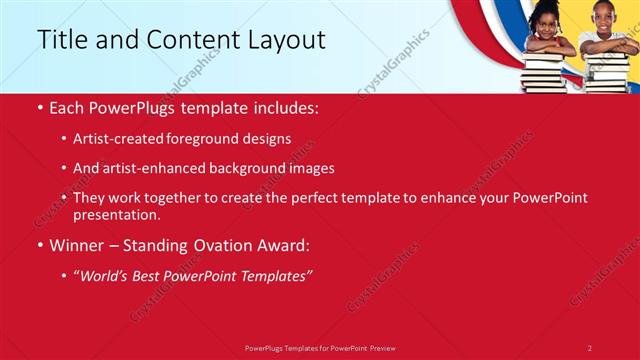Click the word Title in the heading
[61, 40]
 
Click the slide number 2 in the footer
[590, 347]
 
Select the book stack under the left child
[544, 71]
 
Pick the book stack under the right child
[606, 71]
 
